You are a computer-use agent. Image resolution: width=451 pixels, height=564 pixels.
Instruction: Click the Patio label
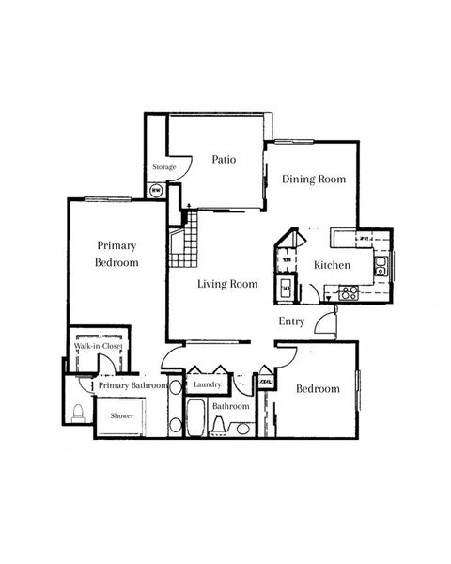[223, 160]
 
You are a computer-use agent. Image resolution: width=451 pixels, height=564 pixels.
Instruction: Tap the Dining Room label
[314, 179]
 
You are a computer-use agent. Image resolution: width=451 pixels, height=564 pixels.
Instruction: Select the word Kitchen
[332, 265]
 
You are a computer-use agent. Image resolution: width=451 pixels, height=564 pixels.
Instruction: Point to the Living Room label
[227, 284]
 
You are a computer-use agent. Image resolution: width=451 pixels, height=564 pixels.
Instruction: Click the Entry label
[291, 321]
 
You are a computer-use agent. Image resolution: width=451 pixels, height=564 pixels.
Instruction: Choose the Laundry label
[206, 385]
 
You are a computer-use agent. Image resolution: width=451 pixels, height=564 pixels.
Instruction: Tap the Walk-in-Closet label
[99, 347]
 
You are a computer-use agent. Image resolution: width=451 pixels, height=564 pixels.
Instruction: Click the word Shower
[122, 415]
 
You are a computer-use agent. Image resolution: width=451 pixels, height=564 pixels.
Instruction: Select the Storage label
[164, 167]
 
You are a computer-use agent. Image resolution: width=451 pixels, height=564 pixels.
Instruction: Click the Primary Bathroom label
[132, 385]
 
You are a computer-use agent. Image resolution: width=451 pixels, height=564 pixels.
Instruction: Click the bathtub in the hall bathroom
[197, 417]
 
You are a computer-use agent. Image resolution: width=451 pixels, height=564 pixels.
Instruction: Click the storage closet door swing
[184, 165]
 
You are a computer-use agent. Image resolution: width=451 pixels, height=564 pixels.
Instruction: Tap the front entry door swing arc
[324, 324]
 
